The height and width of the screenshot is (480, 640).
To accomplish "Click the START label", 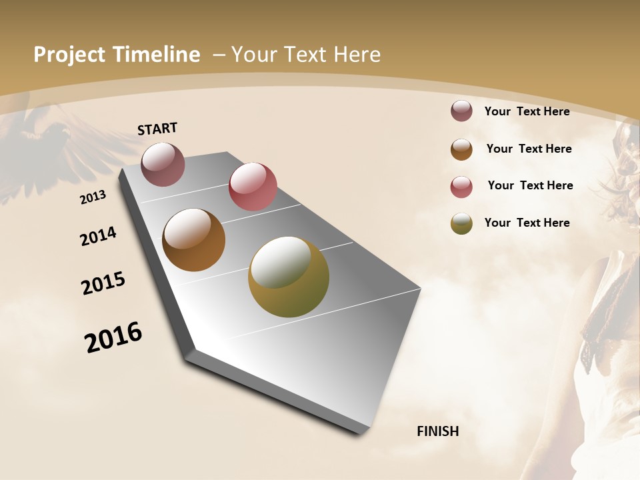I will (x=157, y=129).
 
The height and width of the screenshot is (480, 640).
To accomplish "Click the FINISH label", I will (x=438, y=431).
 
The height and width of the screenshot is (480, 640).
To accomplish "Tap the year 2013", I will (x=93, y=197).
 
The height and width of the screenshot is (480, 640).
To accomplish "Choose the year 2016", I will (x=113, y=337).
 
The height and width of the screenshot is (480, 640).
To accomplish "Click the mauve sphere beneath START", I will (x=163, y=164).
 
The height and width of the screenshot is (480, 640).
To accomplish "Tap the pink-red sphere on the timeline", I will (x=253, y=187).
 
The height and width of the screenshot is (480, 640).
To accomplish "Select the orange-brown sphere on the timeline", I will (x=193, y=240).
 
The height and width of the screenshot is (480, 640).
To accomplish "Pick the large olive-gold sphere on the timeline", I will (x=288, y=277).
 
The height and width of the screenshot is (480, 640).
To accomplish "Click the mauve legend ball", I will (x=461, y=111).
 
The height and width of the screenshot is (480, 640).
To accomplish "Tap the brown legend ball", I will (x=461, y=149).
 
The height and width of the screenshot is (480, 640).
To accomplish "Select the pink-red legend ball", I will (x=461, y=187).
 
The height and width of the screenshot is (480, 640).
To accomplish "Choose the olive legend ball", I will (x=461, y=223).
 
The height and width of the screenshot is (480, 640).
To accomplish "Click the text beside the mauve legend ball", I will (x=527, y=111).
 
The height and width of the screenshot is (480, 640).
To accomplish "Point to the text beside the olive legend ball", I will (x=527, y=223).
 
